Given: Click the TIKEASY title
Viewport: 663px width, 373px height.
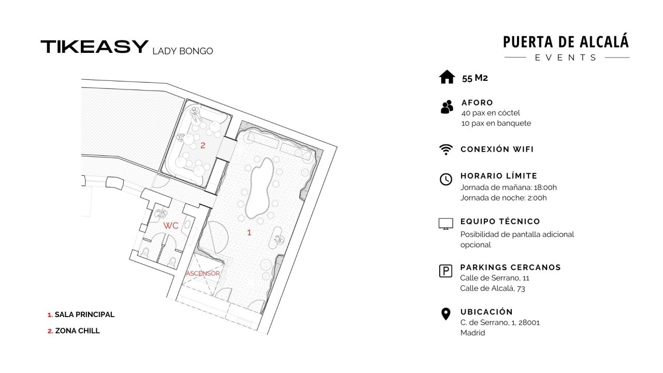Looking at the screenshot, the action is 94,47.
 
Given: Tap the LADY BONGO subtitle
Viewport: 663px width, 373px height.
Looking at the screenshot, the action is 183,51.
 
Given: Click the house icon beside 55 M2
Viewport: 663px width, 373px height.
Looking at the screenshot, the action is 447,77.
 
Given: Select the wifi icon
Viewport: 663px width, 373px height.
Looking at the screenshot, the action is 446,150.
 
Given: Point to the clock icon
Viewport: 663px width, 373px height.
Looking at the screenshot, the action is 446,179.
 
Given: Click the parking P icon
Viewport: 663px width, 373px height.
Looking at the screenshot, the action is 446,271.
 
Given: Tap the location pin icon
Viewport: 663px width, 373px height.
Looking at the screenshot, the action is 446,314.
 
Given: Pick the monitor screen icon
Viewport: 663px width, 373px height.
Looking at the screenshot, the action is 446,224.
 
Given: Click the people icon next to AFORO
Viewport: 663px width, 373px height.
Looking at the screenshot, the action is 446,107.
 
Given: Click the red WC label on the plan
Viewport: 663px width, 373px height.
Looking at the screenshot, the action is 171,225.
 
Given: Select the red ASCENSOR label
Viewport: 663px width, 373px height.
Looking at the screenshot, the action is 203,274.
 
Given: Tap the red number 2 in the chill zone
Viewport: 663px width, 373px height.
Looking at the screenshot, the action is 203,146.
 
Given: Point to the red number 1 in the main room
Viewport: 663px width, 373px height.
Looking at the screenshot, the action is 249,233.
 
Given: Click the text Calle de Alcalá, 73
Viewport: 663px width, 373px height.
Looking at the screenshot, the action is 493,289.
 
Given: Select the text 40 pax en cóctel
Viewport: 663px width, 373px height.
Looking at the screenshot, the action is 491,113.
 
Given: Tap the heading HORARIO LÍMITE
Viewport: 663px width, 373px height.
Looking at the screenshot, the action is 499,176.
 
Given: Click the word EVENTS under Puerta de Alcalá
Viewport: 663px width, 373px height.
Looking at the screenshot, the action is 566,58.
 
